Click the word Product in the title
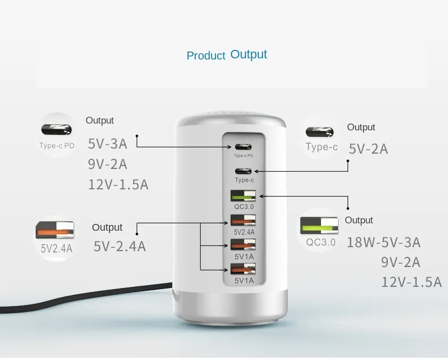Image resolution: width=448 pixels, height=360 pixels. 206,56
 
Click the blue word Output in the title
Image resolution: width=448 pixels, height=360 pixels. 248,54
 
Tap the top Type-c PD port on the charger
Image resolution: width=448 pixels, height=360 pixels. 243,147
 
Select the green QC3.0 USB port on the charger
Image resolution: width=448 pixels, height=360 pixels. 243,196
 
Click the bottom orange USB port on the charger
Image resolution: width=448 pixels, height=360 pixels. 243,269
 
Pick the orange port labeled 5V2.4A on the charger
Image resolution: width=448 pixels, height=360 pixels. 243,221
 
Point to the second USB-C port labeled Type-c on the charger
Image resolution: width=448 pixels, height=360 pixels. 243,171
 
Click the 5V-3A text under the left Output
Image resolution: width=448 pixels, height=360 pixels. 107,143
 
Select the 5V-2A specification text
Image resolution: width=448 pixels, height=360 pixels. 368,149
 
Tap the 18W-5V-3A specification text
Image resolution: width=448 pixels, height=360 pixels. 383,242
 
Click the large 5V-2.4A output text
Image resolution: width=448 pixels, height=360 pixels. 120,246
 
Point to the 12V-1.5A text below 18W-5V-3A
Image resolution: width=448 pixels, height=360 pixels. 412,282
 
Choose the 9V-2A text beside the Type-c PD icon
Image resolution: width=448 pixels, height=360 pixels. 107,164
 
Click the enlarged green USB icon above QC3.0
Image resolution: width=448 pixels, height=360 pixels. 319,226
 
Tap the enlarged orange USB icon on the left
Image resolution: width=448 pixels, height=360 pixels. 55,230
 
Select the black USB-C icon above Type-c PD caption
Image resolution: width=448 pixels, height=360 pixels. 56,129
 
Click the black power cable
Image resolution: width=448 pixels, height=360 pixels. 86,297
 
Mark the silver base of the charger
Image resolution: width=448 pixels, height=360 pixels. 230,308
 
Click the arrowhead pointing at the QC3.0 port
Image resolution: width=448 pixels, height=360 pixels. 261,196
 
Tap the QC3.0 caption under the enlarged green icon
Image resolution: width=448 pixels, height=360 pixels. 320,242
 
